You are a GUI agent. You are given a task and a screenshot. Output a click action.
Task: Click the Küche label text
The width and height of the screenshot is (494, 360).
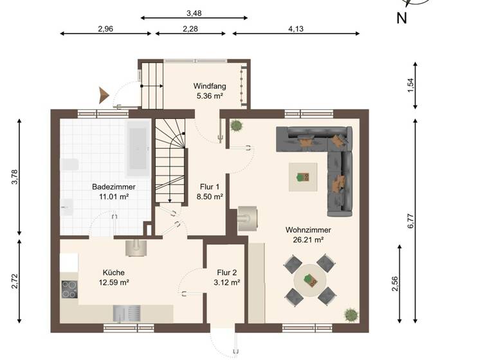tap(113, 272)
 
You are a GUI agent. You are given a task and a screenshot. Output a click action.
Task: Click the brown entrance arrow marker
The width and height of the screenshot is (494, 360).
tap(104, 95)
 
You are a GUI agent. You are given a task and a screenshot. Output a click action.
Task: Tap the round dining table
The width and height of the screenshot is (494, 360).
tap(311, 280)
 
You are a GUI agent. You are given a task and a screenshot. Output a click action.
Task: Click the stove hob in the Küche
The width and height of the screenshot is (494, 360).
tap(69, 289)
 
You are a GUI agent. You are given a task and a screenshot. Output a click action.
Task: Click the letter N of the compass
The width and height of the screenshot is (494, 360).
tap(401, 19)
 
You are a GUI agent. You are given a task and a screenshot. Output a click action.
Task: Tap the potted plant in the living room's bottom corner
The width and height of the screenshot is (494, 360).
tap(351, 315)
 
